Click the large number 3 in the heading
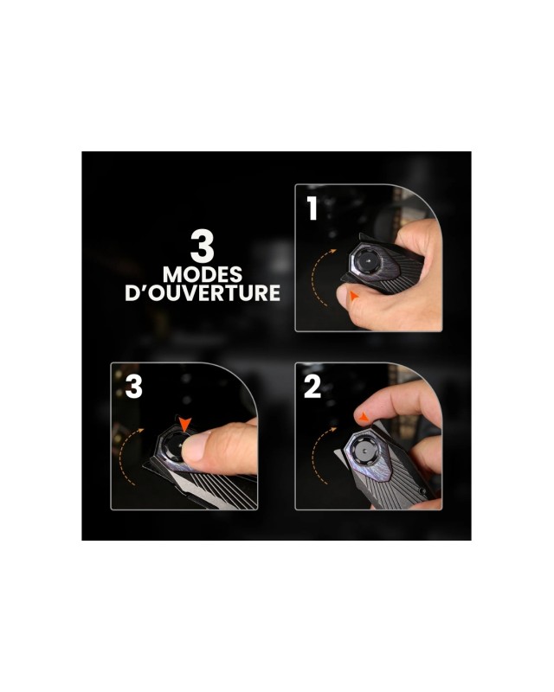click(203, 246)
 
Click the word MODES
click(203, 274)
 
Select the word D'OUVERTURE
click(203, 293)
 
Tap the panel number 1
click(312, 208)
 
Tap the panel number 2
click(312, 387)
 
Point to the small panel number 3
click(134, 387)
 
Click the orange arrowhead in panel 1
click(353, 296)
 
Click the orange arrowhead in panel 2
click(364, 417)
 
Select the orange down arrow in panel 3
click(185, 425)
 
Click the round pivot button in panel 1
click(367, 261)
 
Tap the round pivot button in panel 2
click(365, 451)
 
